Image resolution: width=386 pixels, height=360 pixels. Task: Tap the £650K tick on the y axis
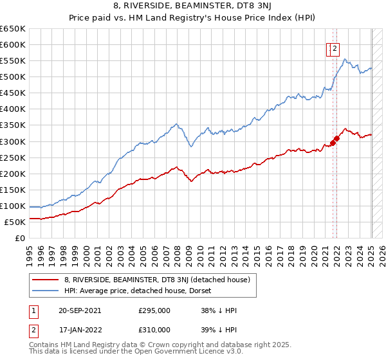coord(13,29)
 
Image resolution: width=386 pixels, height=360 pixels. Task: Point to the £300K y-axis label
coord(13,141)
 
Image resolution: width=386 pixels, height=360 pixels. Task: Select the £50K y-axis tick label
coord(15,222)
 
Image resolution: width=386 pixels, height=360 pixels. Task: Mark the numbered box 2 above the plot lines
coord(336,47)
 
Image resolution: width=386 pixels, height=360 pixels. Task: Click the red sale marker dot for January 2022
coord(336,138)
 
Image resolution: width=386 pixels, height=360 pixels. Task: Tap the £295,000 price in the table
coord(154,311)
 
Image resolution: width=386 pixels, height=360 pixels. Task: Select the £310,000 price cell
coord(154,329)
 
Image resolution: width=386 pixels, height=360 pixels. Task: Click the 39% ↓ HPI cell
coord(219,329)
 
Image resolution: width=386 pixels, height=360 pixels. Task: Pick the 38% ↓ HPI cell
coord(219,311)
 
